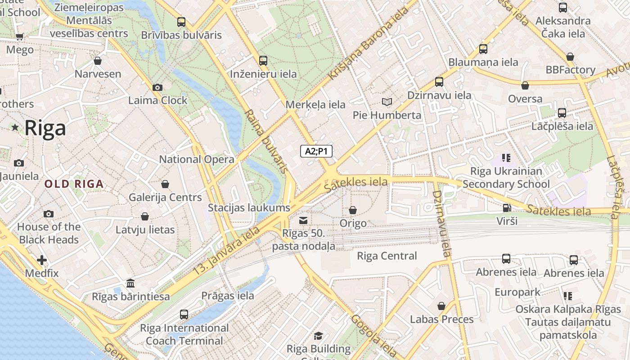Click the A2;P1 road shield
click(316, 151)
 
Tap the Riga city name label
click(45, 128)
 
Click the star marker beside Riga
click(15, 128)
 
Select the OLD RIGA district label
click(74, 184)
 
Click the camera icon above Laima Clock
click(157, 87)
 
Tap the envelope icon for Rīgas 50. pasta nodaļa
click(303, 220)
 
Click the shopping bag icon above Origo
click(353, 210)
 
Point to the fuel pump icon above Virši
click(507, 208)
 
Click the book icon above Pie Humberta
click(387, 102)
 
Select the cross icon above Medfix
click(42, 260)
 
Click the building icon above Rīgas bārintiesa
click(130, 283)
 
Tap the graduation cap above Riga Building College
click(318, 335)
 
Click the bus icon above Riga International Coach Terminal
click(184, 314)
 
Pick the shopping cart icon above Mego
click(19, 36)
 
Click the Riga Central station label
click(387, 256)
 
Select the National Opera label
click(197, 159)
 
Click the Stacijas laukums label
click(249, 207)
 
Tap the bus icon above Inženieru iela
click(263, 60)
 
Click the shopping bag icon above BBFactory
click(570, 57)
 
